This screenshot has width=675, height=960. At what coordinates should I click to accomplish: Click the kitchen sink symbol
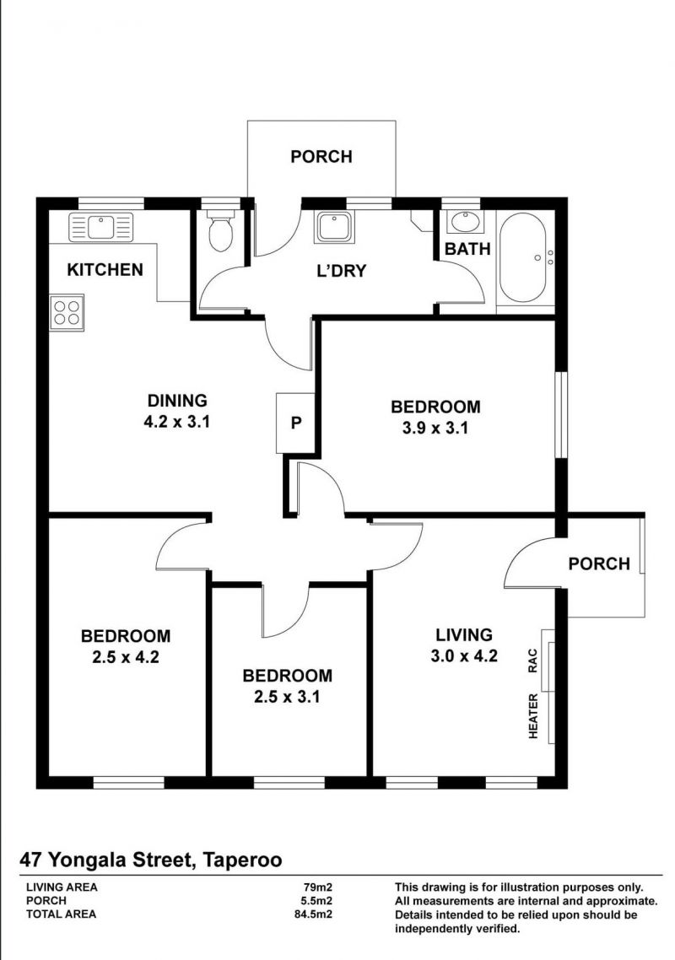101,227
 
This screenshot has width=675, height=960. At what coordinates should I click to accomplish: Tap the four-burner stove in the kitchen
67,313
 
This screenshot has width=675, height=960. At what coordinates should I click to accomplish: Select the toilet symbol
220,229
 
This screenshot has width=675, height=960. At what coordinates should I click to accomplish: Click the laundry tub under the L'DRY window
334,226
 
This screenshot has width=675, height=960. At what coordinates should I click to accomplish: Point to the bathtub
524,258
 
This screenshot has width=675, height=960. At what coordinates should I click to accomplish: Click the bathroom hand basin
465,222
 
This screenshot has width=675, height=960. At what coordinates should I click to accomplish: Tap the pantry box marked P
296,423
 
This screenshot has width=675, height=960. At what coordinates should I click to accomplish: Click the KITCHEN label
105,269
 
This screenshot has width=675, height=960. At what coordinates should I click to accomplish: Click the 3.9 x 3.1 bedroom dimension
435,428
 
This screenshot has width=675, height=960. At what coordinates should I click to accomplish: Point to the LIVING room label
464,635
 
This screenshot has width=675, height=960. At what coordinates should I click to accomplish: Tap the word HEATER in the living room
533,715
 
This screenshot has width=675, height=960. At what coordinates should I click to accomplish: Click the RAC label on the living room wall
532,661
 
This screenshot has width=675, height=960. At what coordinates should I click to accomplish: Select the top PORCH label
321,157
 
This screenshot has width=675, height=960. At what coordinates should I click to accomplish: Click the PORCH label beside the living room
599,564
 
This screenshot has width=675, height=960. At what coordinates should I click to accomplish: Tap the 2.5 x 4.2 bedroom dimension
126,657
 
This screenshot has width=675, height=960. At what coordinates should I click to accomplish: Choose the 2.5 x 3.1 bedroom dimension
287,697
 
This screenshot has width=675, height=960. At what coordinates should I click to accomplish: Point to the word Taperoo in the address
242,860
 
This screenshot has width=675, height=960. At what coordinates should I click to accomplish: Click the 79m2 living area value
318,887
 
